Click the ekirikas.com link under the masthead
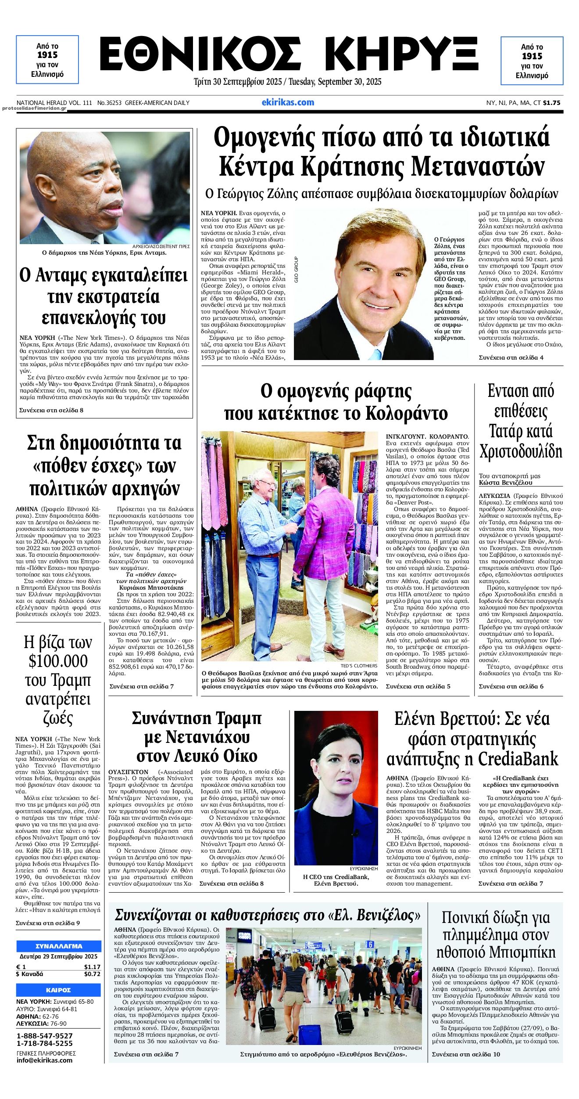(x=288, y=102)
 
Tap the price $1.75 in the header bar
(x=551, y=103)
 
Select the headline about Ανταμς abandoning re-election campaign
(x=104, y=297)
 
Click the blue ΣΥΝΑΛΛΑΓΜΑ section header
(x=58, y=946)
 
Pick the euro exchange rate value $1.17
(x=92, y=966)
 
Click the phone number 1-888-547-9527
(x=44, y=1036)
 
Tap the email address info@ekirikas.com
(x=44, y=1060)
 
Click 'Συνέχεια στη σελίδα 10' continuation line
(x=466, y=1054)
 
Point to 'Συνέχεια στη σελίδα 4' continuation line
(x=511, y=357)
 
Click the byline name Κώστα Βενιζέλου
(x=505, y=482)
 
